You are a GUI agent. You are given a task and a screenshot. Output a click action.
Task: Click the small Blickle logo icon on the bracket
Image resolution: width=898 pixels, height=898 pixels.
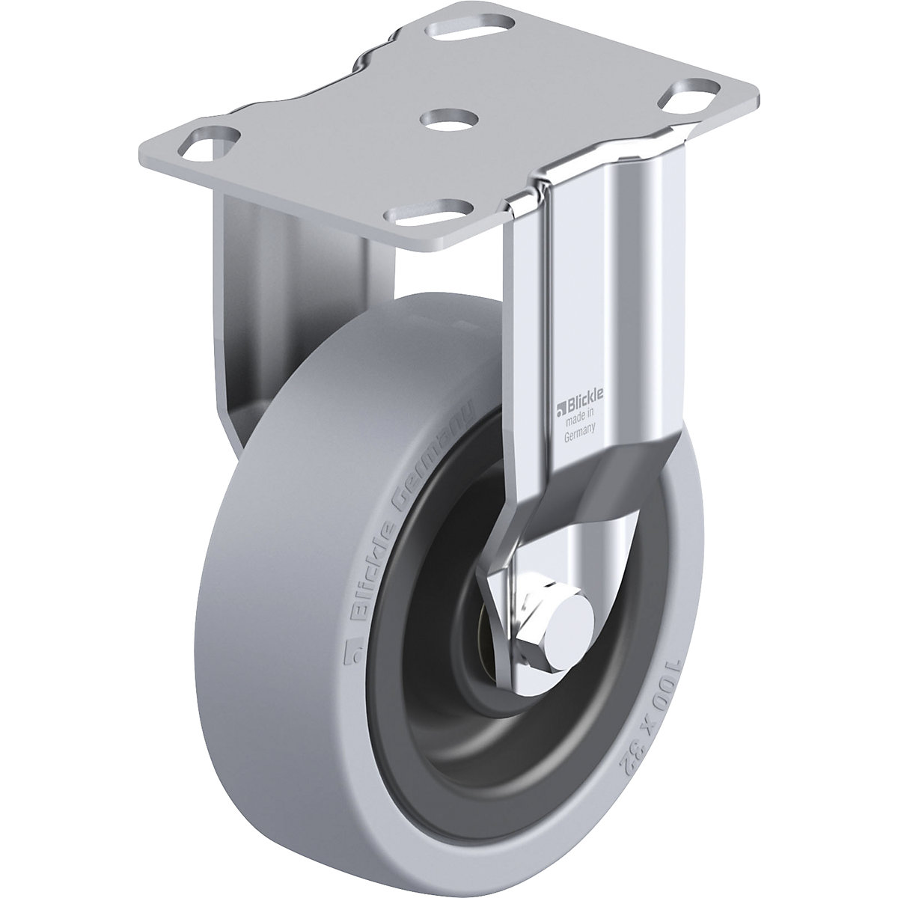[x=558, y=409]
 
